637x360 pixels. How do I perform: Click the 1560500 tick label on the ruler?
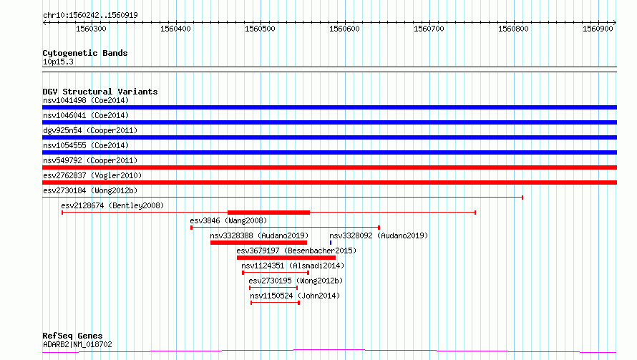click(260, 29)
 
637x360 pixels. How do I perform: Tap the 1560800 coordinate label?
click(513, 29)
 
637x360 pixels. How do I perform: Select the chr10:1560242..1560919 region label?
click(91, 16)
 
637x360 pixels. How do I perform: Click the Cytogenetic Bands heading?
click(85, 53)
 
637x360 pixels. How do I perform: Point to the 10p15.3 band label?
click(58, 62)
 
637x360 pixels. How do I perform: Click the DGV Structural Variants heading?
click(100, 92)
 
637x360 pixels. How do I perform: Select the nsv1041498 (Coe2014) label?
click(86, 100)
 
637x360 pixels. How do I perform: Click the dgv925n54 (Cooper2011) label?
click(90, 130)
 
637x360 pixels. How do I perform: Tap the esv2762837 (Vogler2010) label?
click(92, 175)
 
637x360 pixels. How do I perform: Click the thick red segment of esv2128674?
click(268, 213)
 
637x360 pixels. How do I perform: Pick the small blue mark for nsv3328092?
click(331, 243)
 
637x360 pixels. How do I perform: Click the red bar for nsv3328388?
click(259, 243)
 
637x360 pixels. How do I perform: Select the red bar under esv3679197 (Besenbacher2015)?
click(286, 258)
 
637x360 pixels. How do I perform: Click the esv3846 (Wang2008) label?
click(228, 220)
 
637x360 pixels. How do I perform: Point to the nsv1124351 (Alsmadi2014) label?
click(293, 266)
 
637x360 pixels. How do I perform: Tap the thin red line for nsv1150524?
click(275, 303)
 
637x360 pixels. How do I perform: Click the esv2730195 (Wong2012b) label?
click(296, 281)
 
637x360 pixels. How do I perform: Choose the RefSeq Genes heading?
click(72, 336)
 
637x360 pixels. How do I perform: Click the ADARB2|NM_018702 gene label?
click(77, 344)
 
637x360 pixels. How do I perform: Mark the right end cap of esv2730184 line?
click(522, 198)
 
